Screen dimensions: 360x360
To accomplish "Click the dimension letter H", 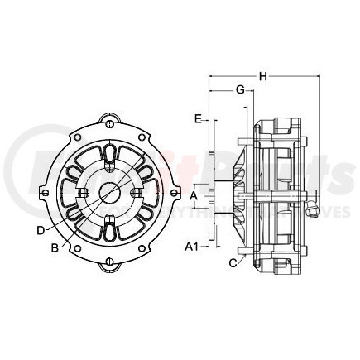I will tap(263, 77).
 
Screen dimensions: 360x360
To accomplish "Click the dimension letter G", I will tap(239, 89).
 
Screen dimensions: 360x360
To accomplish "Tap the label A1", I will tap(191, 247).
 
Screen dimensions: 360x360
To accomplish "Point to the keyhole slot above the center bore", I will tap(108, 158).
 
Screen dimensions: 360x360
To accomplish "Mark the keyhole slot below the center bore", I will tap(108, 223).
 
